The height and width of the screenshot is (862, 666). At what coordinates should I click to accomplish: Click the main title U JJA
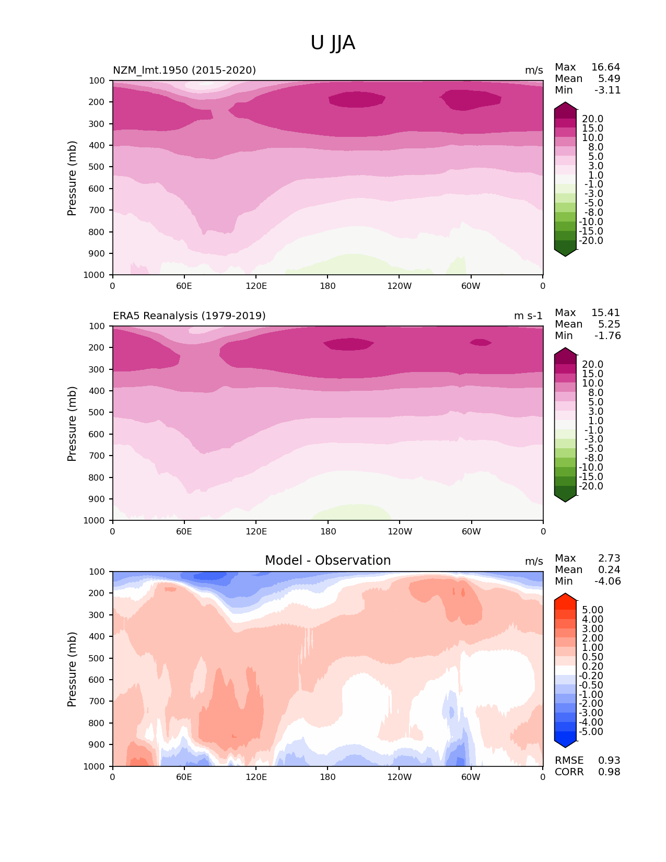click(333, 43)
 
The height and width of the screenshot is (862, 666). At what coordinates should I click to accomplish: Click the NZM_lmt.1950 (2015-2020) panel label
click(184, 71)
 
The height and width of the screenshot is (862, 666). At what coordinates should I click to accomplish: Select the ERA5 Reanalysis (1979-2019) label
click(189, 316)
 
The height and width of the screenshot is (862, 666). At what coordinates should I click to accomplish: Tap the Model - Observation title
click(328, 561)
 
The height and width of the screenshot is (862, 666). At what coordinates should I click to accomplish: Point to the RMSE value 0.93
click(609, 761)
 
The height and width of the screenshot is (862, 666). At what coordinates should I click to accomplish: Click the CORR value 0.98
click(609, 772)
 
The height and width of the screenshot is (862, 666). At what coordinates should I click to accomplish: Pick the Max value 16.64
click(605, 67)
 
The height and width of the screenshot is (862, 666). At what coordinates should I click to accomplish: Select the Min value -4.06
click(607, 581)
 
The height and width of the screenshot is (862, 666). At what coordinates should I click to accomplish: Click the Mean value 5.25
click(609, 324)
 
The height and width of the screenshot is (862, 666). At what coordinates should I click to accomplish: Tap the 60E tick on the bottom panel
click(184, 777)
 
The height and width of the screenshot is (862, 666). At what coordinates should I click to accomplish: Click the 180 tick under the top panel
click(328, 286)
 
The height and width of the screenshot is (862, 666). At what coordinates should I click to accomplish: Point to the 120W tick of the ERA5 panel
click(400, 532)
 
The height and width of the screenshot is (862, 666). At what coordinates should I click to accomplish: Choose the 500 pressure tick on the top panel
click(98, 167)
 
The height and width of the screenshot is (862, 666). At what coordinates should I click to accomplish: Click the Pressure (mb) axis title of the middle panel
click(72, 424)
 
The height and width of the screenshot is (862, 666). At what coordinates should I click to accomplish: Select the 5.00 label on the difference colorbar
click(592, 610)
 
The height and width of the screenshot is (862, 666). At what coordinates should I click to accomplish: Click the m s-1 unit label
click(528, 316)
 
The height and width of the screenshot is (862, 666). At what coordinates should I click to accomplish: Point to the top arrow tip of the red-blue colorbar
click(565, 594)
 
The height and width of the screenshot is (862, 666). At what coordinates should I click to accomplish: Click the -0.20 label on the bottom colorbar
click(591, 676)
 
